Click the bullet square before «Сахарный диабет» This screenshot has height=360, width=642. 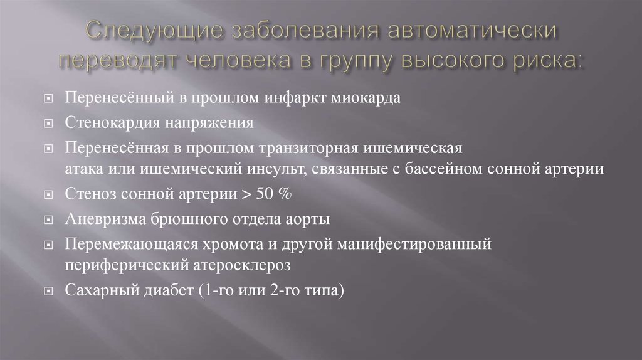(50, 292)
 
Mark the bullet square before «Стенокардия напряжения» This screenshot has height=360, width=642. (50, 124)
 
